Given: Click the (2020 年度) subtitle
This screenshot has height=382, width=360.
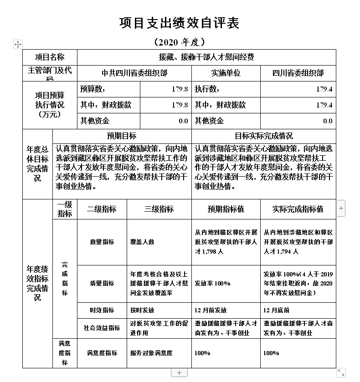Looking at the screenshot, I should click(x=179, y=43).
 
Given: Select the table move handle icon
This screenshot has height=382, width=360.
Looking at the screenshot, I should click(x=18, y=44).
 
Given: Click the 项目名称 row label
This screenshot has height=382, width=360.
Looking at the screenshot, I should click(x=50, y=57).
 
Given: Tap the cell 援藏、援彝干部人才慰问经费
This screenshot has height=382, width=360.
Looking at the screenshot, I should click(x=206, y=57).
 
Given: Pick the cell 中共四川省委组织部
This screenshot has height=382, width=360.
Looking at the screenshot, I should click(x=134, y=73).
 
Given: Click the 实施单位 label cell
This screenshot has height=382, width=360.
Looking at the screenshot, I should click(x=226, y=73).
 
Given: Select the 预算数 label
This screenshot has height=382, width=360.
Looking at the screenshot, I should click(x=93, y=89).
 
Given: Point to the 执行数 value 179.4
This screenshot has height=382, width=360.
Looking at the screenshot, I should click(x=324, y=89).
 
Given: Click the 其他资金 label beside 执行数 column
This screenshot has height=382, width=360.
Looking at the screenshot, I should click(x=209, y=121).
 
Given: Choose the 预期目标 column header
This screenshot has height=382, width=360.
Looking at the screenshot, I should click(x=122, y=136).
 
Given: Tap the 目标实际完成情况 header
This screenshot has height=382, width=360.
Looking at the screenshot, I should click(x=264, y=136).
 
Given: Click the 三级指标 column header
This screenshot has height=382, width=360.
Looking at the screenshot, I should click(x=159, y=209).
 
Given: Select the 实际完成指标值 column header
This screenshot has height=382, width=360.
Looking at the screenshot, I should click(x=298, y=209).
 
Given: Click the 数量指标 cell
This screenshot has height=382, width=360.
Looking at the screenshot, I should click(x=102, y=242).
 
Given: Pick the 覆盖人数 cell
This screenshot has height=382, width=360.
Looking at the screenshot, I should click(x=142, y=242).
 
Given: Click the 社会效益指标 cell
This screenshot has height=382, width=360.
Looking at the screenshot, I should click(x=102, y=328).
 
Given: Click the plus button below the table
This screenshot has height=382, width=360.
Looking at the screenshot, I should click(x=179, y=373).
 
